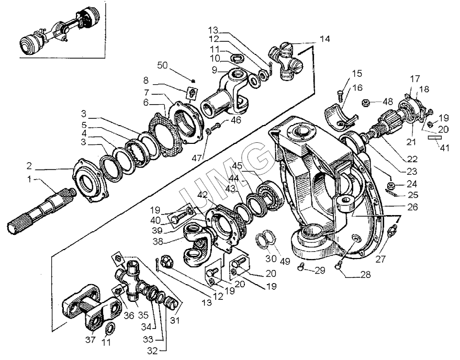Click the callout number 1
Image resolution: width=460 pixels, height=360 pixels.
(29, 178)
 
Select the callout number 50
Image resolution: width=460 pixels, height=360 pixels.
(162, 65)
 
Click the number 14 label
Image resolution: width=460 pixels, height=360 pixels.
(324, 39)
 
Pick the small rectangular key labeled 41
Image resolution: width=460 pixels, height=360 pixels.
(434, 137)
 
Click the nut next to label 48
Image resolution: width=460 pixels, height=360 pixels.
(365, 103)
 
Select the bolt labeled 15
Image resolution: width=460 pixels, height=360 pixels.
(340, 96)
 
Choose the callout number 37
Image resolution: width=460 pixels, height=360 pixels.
(91, 340)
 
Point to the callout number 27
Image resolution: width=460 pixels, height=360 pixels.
(380, 259)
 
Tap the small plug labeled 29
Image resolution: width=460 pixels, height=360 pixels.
(300, 266)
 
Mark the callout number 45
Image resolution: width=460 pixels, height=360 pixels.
(237, 166)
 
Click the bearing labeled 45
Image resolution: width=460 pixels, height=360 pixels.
(270, 196)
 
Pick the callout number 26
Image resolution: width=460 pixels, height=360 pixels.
(412, 207)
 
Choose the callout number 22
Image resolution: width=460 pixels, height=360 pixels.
(412, 159)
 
